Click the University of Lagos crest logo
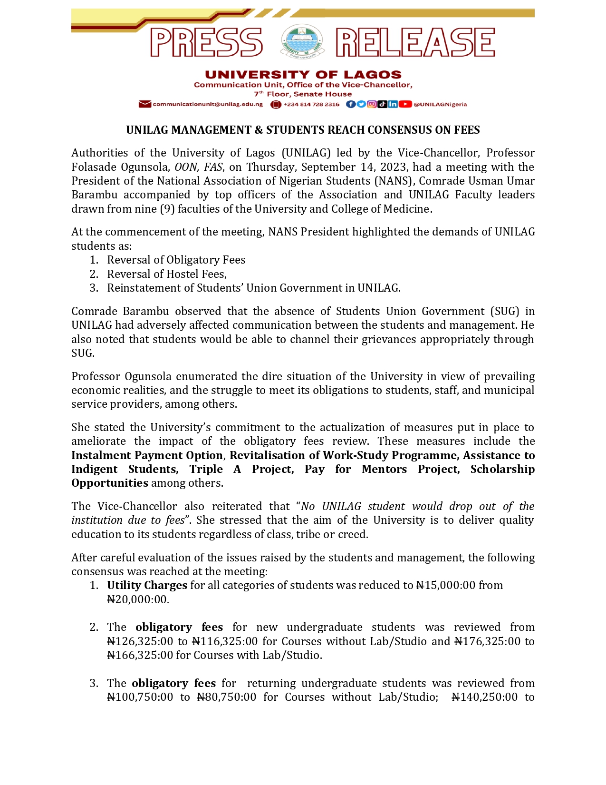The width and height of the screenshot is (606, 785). [x=302, y=42]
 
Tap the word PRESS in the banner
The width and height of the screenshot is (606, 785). [x=206, y=42]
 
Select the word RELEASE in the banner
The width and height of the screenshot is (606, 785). [x=415, y=42]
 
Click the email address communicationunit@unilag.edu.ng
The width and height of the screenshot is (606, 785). [x=207, y=104]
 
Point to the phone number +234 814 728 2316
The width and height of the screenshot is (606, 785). [x=311, y=104]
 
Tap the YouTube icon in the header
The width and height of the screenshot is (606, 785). [x=405, y=104]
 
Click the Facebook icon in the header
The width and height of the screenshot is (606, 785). [x=350, y=104]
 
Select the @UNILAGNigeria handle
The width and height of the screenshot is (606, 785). [x=440, y=104]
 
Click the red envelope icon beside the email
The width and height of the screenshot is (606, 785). [x=145, y=104]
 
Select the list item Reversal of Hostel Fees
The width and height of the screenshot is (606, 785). [x=166, y=274]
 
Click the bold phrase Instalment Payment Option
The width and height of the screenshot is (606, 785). [x=147, y=455]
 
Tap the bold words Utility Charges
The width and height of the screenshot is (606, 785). [x=147, y=585]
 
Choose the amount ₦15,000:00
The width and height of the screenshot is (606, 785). [x=445, y=585]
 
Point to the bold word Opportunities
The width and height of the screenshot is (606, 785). [x=110, y=483]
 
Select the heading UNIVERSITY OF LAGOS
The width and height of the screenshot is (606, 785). [x=303, y=75]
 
